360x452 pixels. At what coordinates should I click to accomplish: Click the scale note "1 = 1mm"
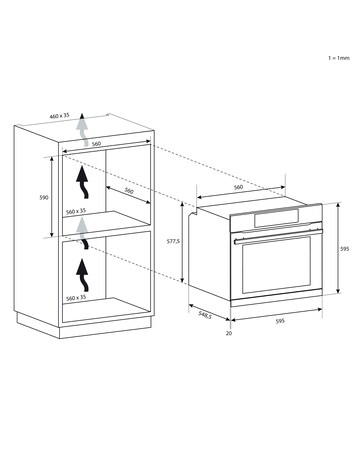339,58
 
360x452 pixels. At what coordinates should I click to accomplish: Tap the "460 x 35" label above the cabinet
59,116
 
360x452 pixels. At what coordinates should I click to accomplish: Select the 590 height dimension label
44,197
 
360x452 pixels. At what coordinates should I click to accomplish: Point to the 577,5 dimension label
173,241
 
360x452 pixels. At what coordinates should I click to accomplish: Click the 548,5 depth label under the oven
205,315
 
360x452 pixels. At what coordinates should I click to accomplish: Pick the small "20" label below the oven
229,333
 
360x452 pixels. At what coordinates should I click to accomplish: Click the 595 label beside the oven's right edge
345,249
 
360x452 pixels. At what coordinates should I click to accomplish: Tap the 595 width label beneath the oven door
280,321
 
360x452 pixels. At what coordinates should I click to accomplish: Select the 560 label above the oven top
238,187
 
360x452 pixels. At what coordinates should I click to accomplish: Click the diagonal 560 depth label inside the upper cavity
129,191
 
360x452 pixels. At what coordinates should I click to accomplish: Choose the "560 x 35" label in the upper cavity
76,211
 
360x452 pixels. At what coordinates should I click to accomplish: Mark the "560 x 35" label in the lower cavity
76,298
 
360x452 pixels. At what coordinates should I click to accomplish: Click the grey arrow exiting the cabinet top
82,130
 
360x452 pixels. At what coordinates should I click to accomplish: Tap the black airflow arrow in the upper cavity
83,183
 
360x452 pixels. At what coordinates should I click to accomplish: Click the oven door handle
278,235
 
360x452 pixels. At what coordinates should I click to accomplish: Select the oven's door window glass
277,264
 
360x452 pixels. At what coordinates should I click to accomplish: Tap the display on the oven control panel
276,217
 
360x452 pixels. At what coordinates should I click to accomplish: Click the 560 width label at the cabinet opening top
96,144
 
